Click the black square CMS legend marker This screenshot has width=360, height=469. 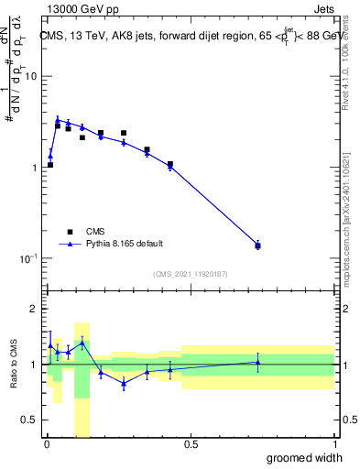[x=69, y=232]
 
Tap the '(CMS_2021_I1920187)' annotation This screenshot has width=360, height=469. [x=190, y=274]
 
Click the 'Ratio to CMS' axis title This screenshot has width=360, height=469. [x=13, y=365]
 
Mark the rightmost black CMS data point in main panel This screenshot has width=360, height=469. [x=257, y=245]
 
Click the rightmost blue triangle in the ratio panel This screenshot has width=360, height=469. [x=257, y=362]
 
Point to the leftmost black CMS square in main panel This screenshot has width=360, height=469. [x=50, y=165]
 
